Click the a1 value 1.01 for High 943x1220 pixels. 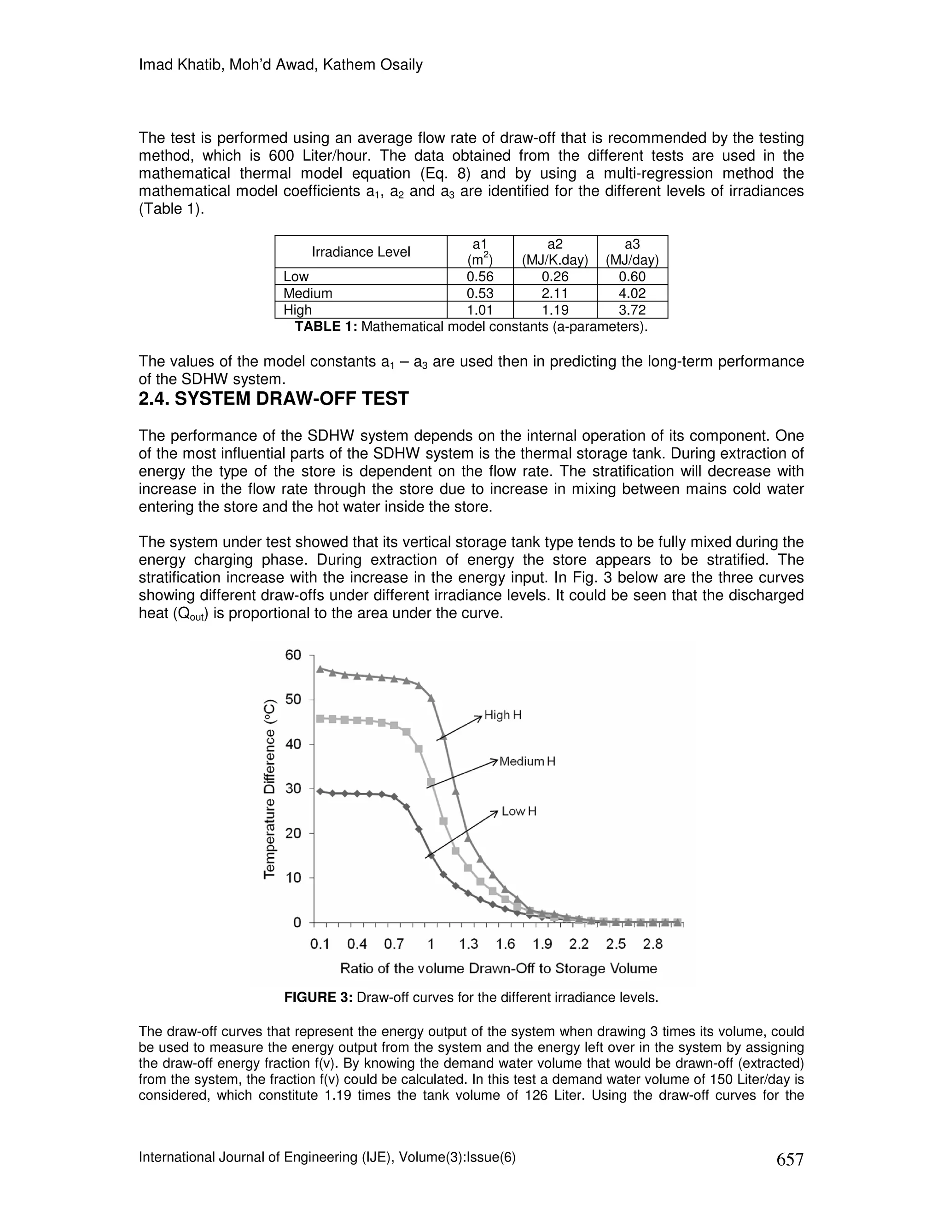(480, 310)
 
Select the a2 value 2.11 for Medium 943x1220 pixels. (555, 293)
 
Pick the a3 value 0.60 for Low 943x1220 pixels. (632, 277)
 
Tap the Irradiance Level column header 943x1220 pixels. (361, 252)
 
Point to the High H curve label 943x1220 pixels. (503, 715)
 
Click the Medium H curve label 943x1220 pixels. (527, 761)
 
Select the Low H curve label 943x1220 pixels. (518, 811)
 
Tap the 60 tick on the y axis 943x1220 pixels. (293, 655)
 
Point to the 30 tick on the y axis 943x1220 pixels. (293, 789)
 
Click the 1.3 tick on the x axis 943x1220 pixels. (468, 944)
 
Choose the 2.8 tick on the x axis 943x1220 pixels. (652, 944)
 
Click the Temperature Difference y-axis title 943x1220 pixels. (270, 789)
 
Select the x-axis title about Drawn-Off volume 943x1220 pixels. (498, 968)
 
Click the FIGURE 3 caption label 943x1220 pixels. (319, 997)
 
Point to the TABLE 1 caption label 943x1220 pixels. (326, 327)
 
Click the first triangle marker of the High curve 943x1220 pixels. (320, 668)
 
